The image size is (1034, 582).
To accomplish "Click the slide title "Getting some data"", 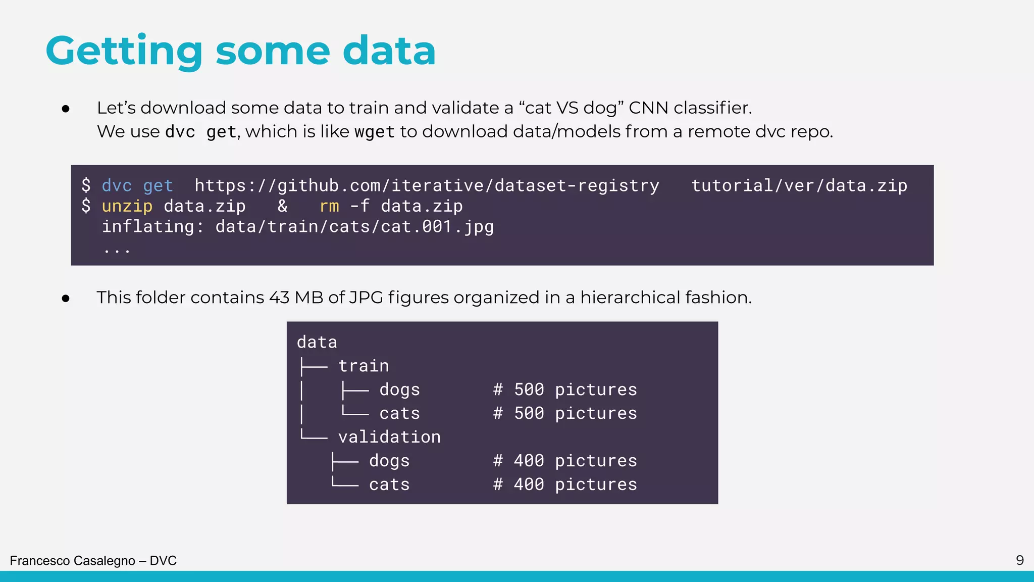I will coord(240,51).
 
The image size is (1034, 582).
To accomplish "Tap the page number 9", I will coord(1019,560).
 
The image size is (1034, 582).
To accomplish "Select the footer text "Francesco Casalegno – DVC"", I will coord(93,561).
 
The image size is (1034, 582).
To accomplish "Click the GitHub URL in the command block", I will coord(427,186).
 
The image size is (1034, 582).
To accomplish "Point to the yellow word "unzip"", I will coord(127,206).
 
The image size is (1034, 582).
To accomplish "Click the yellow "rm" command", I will coord(329,206).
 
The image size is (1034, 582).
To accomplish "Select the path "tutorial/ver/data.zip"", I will coord(799,186).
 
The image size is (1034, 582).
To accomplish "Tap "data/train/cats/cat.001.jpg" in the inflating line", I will coord(354,227).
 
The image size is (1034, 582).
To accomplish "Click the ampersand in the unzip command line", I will coord(282,206).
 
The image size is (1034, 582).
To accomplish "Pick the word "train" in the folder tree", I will coord(364,366).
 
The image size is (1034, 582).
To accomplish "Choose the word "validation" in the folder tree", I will coord(389,437).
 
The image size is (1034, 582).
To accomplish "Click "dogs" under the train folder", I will coord(399,390).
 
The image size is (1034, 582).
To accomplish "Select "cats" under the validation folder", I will coord(389,484).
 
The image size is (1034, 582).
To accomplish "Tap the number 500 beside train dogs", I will coord(529,390).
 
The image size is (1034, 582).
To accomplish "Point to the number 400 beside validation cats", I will coord(529,484).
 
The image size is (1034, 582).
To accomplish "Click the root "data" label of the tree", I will coord(317,343).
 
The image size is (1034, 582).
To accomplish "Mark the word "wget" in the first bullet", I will coord(374,132).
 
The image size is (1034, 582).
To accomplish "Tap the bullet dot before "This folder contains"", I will coord(66,299).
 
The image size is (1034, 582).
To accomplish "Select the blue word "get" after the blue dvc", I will coord(158,186).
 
